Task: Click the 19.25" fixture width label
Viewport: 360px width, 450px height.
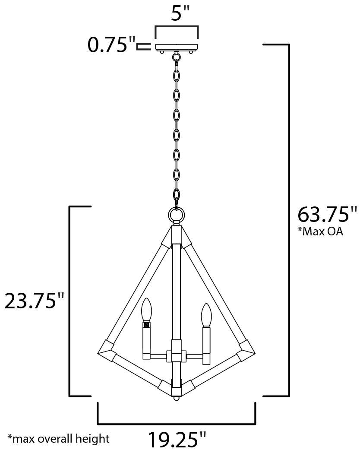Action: tap(177, 440)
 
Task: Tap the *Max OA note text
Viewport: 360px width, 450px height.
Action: tap(320, 231)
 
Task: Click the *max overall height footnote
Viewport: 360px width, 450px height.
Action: tap(58, 438)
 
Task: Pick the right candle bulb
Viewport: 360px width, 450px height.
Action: tap(206, 315)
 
